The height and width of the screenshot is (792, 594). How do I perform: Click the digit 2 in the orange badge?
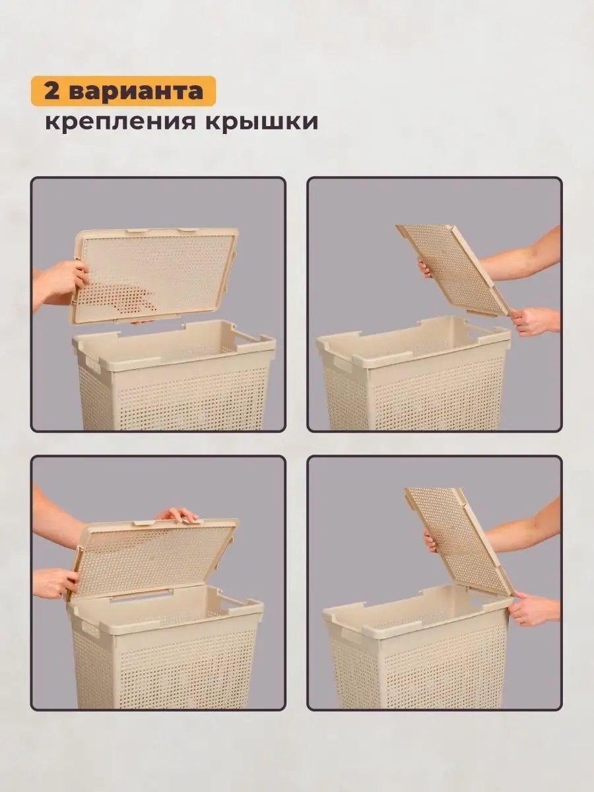click(52, 92)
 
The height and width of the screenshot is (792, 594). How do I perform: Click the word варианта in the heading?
click(136, 92)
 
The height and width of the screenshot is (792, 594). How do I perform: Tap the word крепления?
click(121, 123)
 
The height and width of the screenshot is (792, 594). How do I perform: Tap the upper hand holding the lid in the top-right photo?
click(426, 267)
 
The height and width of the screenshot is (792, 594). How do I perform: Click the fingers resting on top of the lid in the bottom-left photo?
click(177, 513)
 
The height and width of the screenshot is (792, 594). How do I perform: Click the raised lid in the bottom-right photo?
click(459, 541)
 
